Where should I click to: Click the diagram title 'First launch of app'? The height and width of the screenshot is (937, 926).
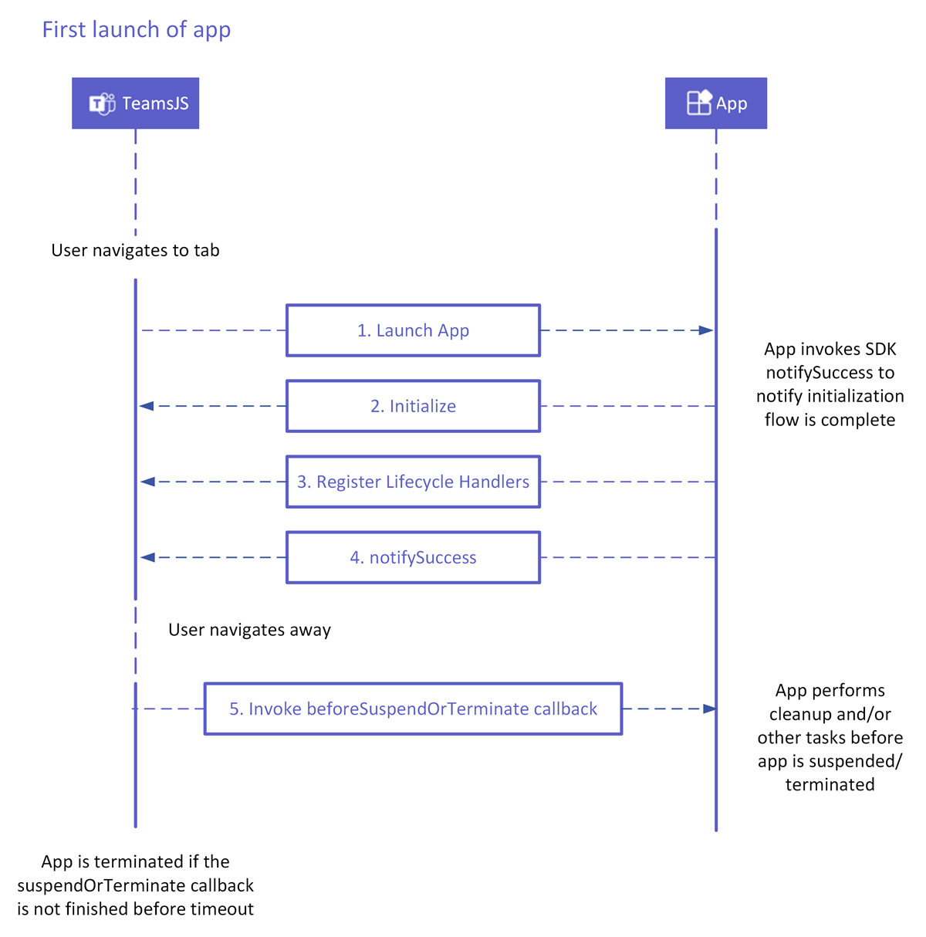137,29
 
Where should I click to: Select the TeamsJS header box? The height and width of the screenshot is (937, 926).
136,103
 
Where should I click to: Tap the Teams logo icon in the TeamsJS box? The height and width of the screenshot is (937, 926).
102,103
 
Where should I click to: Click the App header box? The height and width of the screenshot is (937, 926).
715,103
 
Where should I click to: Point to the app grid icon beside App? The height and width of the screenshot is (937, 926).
699,103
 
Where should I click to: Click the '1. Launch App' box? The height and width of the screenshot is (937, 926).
413,330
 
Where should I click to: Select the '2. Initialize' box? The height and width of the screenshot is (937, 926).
413,406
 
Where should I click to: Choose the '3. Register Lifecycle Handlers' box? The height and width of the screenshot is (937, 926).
413,482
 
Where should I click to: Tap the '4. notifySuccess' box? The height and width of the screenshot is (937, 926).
413,557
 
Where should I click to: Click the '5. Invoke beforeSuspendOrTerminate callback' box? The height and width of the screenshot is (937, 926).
413,709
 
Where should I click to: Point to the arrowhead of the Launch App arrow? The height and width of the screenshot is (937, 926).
706,330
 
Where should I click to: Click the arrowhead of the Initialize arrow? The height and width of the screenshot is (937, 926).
147,406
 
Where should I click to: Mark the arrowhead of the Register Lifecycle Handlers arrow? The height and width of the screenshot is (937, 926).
148,482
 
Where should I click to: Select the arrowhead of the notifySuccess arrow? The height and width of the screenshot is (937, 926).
148,557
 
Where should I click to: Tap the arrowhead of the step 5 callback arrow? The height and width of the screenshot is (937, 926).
709,709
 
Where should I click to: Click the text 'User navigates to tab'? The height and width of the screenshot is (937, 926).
135,250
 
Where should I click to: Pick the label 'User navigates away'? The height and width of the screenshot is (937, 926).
249,630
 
